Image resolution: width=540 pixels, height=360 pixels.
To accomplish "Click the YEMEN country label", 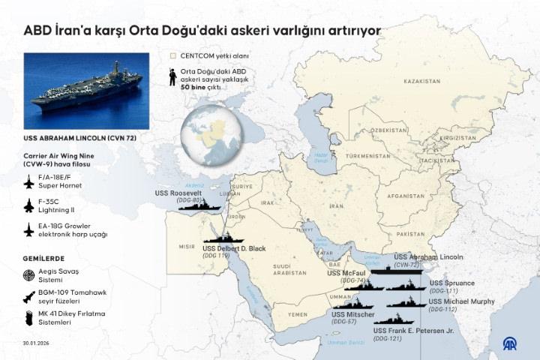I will point(297,314).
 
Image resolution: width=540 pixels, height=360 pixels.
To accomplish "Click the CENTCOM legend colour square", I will point(173,56).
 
